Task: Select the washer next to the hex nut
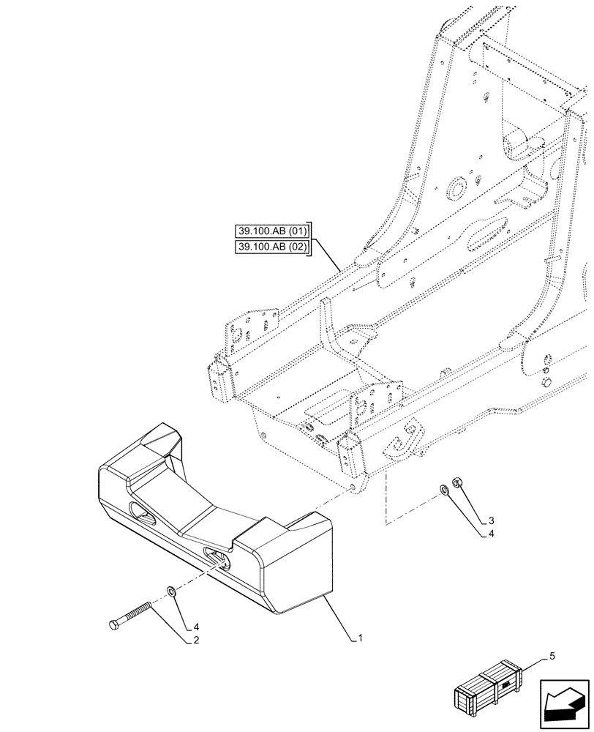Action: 444,489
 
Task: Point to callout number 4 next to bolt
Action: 196,626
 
